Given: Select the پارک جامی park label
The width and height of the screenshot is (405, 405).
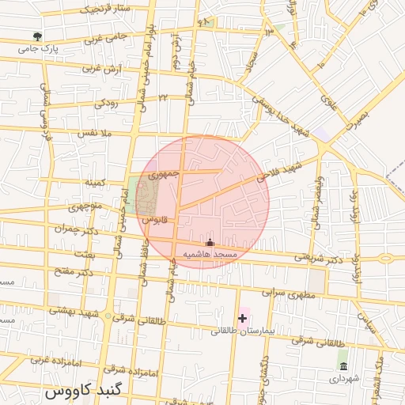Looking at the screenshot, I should click(x=40, y=48).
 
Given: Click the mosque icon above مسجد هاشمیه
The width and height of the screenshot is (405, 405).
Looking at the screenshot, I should click(x=210, y=242).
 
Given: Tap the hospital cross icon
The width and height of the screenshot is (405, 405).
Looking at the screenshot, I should click(x=242, y=317).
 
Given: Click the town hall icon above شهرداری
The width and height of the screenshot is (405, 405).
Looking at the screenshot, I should click(x=343, y=365).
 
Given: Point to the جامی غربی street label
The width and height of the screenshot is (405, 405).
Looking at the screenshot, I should click(x=105, y=37).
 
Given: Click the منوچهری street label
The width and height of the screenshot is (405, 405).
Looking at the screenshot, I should click(x=85, y=207).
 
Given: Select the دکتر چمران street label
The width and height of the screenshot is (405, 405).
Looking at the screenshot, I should click(x=73, y=229).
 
